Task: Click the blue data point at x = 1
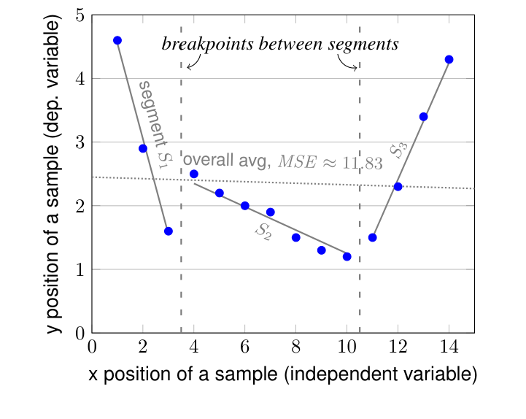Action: tap(117, 40)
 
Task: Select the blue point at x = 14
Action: tap(449, 59)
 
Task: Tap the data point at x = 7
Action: tap(271, 212)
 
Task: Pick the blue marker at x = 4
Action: tap(194, 174)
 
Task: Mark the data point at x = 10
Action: tap(347, 256)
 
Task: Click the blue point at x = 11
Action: tap(373, 237)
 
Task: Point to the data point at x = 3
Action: tap(169, 231)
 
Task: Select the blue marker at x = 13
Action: tap(423, 117)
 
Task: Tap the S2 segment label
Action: tap(263, 231)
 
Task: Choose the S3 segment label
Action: tap(398, 150)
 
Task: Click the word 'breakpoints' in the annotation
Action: tap(199, 45)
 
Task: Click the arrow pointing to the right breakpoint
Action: tap(349, 64)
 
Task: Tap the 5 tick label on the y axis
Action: tap(79, 15)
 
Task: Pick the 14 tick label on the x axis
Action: tap(449, 347)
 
